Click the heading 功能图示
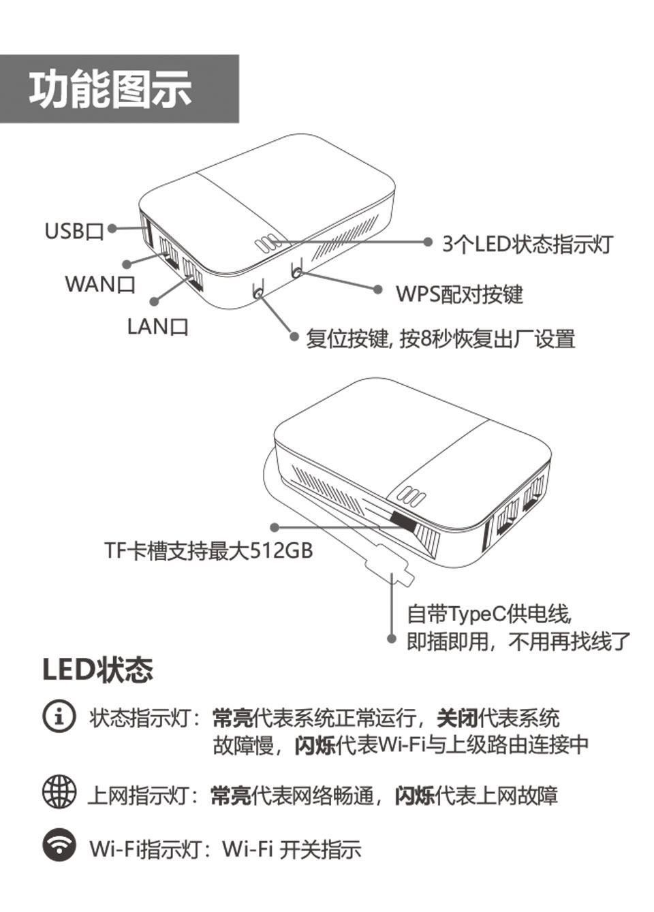click(110, 89)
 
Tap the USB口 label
click(73, 232)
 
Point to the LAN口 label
click(157, 326)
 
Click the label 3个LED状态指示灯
click(527, 244)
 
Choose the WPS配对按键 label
click(459, 294)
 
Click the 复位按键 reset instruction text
click(440, 339)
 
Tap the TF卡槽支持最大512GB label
click(208, 550)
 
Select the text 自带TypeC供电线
click(488, 614)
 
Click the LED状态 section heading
click(97, 670)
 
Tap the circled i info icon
click(59, 716)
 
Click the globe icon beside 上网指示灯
click(60, 791)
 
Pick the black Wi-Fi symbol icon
click(60, 845)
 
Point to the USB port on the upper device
click(146, 232)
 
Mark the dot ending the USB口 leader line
click(112, 229)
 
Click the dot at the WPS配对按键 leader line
click(378, 289)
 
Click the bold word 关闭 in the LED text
click(456, 718)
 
